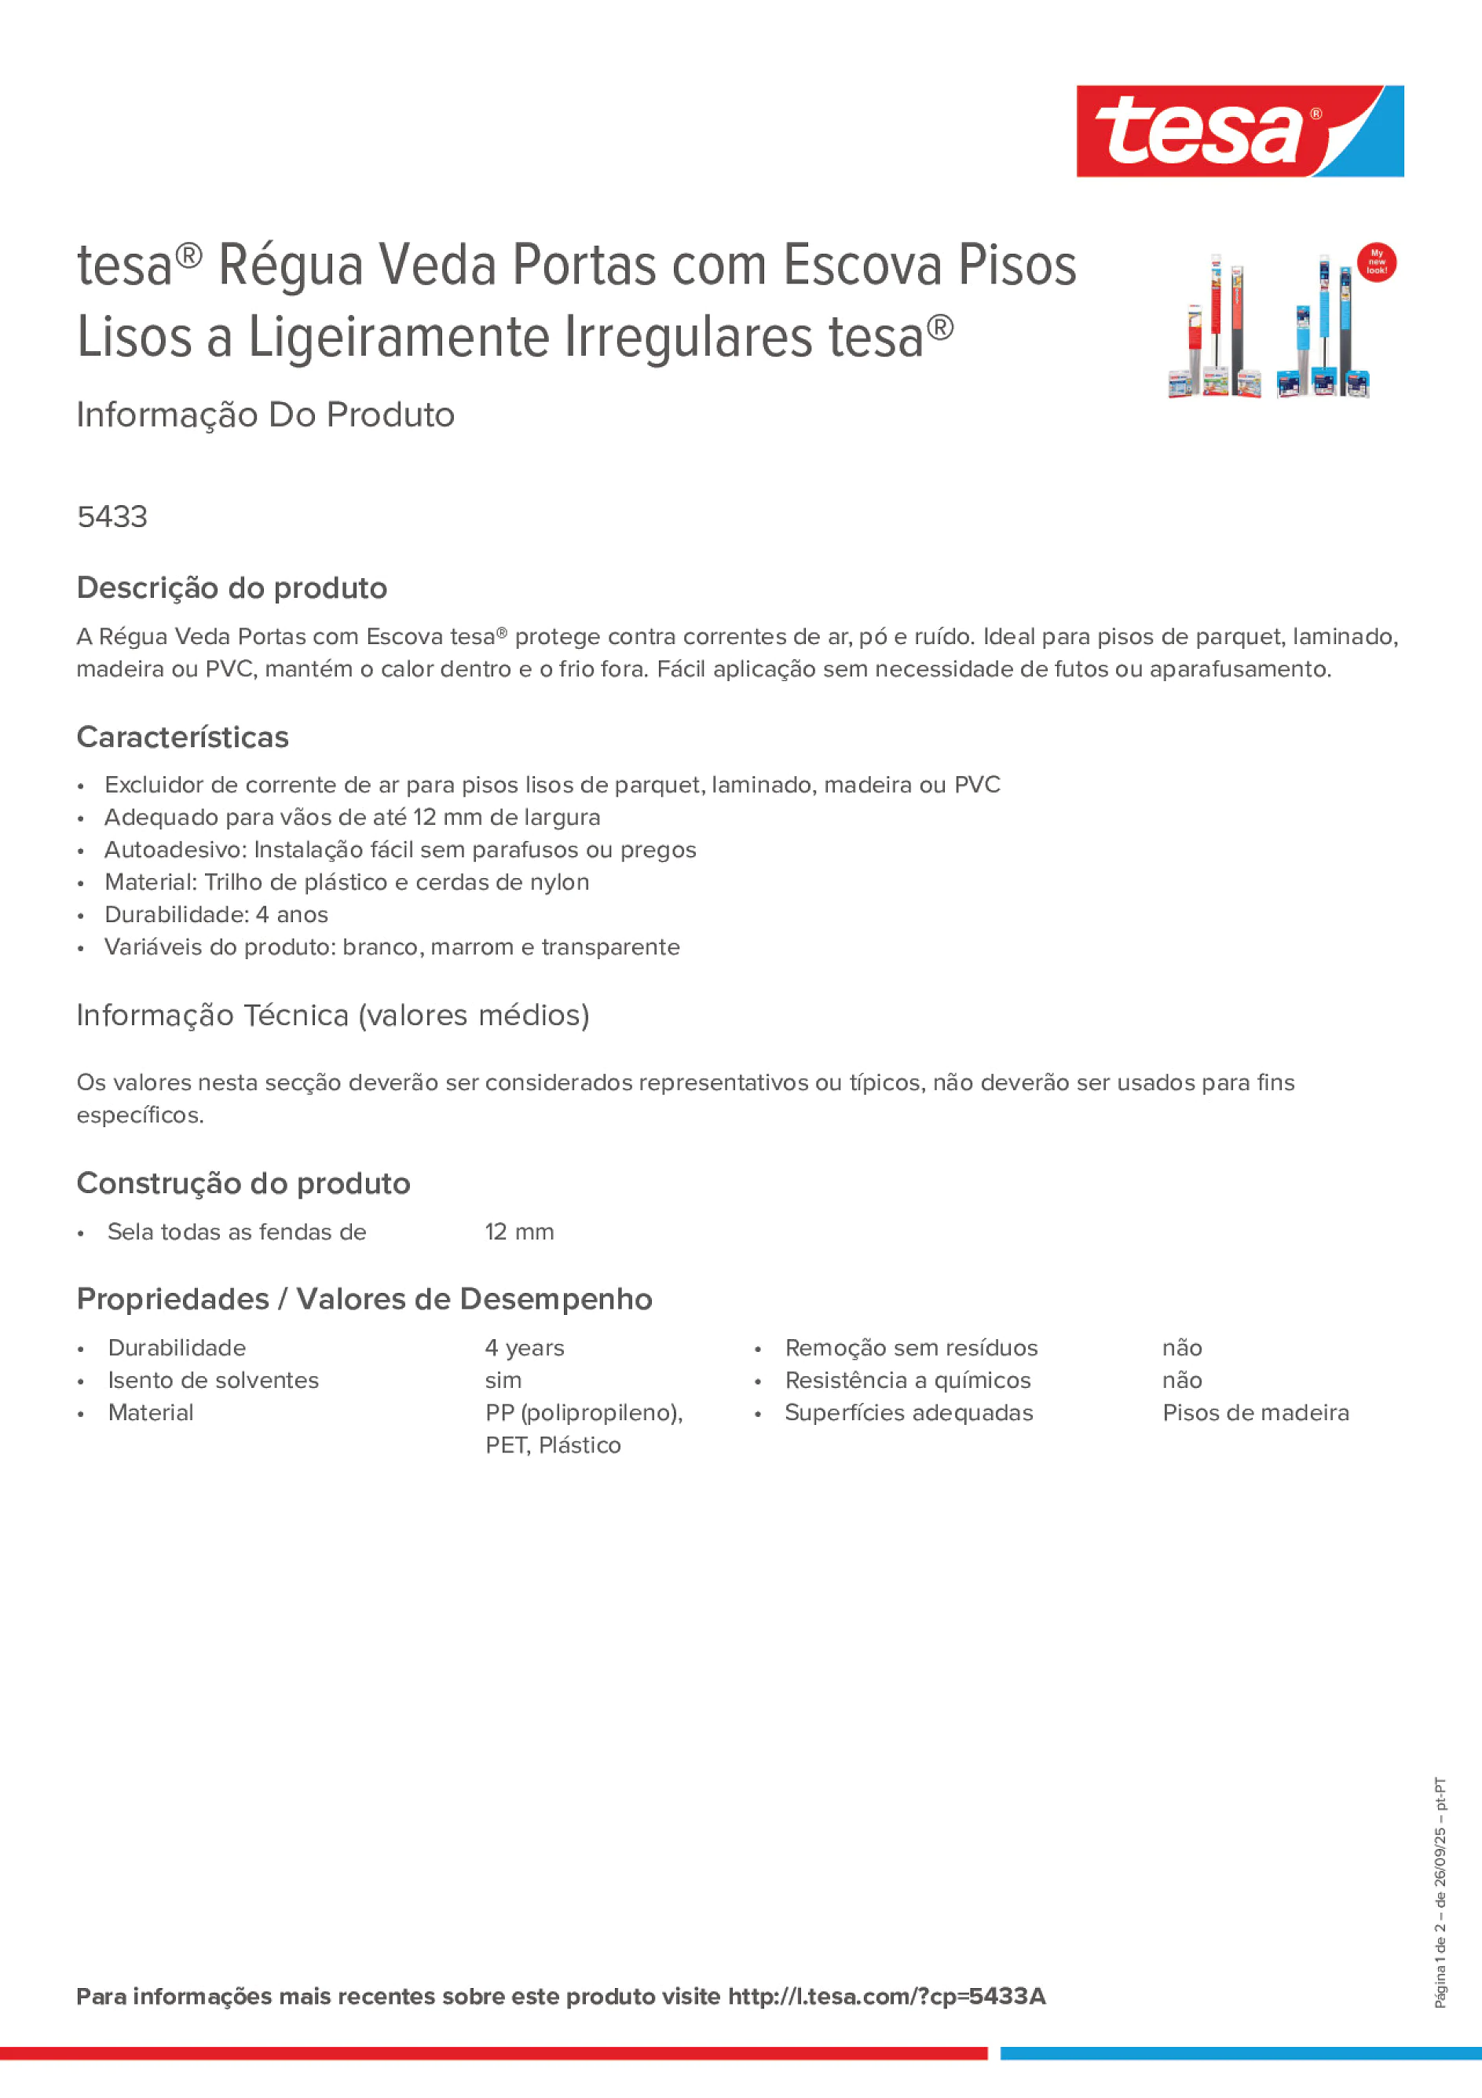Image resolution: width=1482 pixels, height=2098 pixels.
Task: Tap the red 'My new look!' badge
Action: (x=1376, y=262)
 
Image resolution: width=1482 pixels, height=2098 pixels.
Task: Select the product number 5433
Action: (x=112, y=516)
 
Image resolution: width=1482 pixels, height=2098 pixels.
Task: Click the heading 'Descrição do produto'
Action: (x=231, y=588)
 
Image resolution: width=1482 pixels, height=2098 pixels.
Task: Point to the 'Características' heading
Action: (x=182, y=737)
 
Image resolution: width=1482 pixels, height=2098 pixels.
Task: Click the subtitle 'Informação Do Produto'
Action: (x=265, y=414)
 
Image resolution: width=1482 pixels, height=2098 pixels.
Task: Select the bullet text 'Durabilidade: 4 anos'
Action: (x=216, y=914)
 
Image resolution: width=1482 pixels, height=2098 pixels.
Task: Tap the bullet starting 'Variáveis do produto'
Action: (x=391, y=946)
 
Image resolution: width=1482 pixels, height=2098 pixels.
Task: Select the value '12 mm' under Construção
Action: (x=519, y=1232)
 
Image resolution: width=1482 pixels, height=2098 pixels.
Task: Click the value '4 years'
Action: (x=524, y=1348)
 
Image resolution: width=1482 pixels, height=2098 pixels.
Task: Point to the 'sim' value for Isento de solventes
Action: (x=503, y=1380)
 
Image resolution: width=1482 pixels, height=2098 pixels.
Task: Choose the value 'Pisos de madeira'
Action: (x=1254, y=1413)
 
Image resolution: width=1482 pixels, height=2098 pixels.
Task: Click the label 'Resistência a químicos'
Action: (x=907, y=1380)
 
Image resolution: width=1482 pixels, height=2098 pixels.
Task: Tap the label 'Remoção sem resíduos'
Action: (x=911, y=1348)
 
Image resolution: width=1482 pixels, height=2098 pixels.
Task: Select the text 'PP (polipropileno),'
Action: (x=583, y=1413)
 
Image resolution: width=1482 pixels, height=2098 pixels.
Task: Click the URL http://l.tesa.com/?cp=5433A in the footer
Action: (x=886, y=1996)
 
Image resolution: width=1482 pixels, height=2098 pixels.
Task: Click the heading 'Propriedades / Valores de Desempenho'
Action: (x=364, y=1298)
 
